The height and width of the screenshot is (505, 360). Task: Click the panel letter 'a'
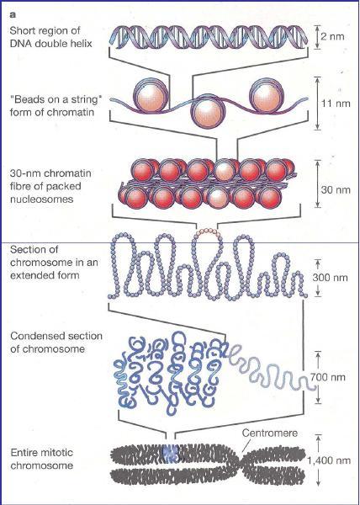(x=13, y=15)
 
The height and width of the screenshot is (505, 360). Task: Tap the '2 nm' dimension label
(x=332, y=36)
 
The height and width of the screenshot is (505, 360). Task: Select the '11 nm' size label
(x=336, y=104)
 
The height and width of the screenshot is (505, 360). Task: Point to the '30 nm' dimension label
(x=336, y=189)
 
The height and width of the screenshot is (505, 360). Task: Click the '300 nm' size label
(x=330, y=277)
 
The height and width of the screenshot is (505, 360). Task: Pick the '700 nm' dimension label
(x=328, y=377)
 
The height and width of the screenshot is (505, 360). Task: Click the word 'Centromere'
(x=270, y=433)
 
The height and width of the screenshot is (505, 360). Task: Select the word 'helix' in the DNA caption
(x=81, y=44)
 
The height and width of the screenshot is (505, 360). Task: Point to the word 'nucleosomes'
(x=42, y=199)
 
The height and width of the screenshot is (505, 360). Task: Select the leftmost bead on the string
(x=151, y=94)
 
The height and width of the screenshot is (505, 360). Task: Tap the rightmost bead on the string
(x=267, y=95)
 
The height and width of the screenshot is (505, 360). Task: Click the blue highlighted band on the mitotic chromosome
(x=170, y=453)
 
